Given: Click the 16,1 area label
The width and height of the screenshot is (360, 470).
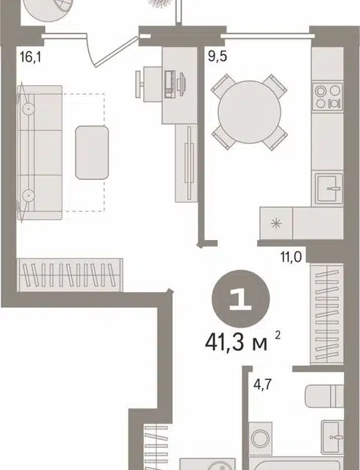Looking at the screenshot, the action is [x=30, y=57].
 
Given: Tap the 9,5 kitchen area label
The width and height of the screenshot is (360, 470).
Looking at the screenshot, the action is [x=217, y=56].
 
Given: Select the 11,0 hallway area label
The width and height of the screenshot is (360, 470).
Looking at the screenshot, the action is [x=291, y=257].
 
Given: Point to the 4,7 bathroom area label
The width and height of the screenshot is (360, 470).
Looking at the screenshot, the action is [x=262, y=384].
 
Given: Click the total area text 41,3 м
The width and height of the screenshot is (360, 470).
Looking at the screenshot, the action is [x=236, y=343].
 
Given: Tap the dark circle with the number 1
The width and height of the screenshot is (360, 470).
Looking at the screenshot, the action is [x=240, y=299].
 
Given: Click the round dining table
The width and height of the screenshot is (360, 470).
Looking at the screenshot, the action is [x=250, y=112].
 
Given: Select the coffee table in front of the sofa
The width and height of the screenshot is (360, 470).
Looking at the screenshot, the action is [x=92, y=153].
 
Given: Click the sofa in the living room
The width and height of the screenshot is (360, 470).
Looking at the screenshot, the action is [x=40, y=153].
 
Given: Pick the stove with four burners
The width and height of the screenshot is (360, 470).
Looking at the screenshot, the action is [x=327, y=96].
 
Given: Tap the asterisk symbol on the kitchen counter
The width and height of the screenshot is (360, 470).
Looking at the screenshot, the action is [x=276, y=223].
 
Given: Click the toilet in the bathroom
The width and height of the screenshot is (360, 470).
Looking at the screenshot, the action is [x=324, y=397].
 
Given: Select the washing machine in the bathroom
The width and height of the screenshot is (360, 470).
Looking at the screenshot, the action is [x=260, y=438].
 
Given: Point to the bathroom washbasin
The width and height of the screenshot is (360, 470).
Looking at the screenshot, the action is [x=332, y=437].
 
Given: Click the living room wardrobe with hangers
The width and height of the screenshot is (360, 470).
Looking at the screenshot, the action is [x=70, y=275].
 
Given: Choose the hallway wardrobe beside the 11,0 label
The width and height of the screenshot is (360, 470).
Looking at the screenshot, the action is [x=327, y=314].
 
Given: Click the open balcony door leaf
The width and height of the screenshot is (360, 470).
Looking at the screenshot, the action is [x=116, y=51].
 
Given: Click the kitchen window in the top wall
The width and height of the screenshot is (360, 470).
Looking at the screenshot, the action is [x=267, y=36].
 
